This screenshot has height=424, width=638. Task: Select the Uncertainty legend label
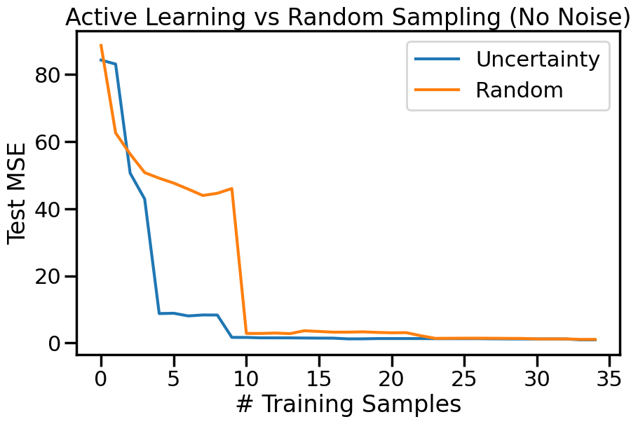tap(537, 60)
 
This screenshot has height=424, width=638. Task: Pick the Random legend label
tap(519, 90)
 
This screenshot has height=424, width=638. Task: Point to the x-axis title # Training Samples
tap(348, 404)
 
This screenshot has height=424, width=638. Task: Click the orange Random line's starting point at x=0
tap(101, 46)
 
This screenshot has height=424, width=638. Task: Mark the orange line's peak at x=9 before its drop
tap(231, 189)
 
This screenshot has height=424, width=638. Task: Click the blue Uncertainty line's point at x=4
tap(159, 313)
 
